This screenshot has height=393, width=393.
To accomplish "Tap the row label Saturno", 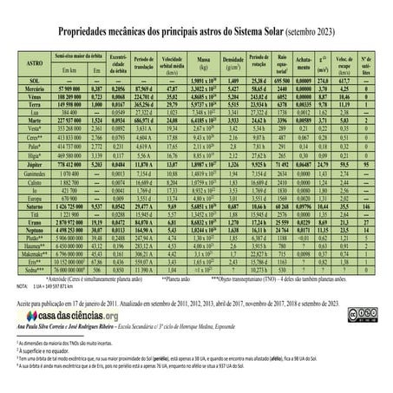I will click(x=31, y=208).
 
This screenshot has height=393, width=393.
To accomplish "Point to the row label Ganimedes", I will click(x=31, y=172).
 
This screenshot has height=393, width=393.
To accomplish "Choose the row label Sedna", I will click(x=31, y=269).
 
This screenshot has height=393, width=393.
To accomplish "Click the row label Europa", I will click(x=31, y=200).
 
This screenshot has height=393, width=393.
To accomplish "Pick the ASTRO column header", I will click(x=31, y=63).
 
